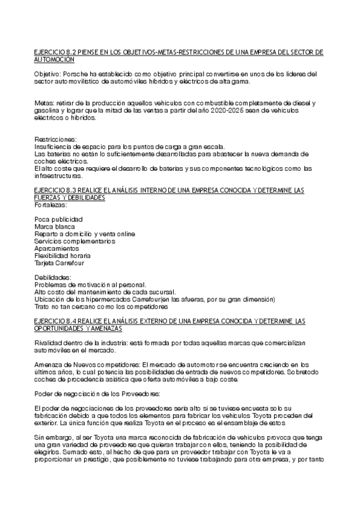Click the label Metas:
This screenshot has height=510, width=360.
pyautogui.click(x=44, y=103)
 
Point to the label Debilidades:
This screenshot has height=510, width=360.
pyautogui.click(x=53, y=277)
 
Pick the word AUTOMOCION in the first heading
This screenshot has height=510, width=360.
pyautogui.click(x=55, y=60)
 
